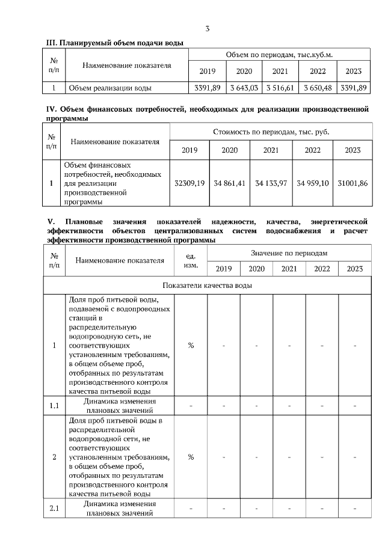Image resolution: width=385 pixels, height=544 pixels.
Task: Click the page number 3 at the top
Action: tap(208, 28)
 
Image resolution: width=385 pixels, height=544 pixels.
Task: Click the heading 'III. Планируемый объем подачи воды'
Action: tap(115, 43)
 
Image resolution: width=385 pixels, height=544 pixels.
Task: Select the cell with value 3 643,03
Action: tap(244, 88)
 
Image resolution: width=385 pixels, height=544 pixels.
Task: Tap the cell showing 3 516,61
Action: tap(280, 88)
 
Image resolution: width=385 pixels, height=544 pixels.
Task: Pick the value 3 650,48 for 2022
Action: tap(317, 88)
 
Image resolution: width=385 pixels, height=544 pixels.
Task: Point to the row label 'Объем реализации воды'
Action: tap(109, 88)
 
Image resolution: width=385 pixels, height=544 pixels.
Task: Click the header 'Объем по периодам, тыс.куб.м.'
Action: tap(279, 55)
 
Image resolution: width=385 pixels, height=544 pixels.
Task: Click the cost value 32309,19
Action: tap(189, 183)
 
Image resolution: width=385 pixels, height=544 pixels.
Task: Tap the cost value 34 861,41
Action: tap(230, 183)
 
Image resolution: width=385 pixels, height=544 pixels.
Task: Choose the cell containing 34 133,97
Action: tap(271, 183)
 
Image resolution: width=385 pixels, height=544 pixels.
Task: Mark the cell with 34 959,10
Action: tap(313, 183)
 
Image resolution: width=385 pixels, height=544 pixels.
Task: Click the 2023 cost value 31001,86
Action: tap(353, 183)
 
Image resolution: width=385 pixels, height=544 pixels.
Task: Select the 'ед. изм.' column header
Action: tap(191, 260)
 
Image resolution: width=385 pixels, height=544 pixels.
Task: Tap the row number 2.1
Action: tap(54, 509)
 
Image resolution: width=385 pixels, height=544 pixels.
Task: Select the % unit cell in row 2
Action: tap(191, 457)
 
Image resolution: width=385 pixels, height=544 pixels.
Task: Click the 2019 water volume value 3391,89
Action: tap(206, 88)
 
